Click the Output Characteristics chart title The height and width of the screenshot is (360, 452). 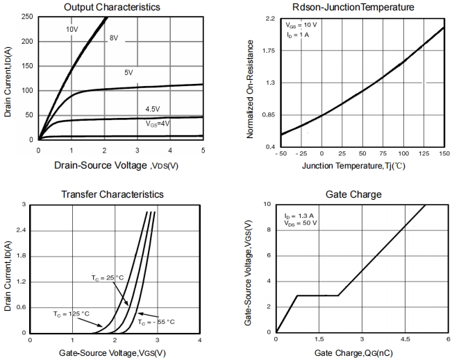(121, 7)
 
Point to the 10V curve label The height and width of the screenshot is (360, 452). (72, 30)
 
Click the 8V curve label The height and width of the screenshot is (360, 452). (114, 38)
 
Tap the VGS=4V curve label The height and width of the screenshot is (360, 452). (158, 123)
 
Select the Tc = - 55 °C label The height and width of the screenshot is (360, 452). (156, 322)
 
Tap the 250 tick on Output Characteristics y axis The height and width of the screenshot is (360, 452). (27, 17)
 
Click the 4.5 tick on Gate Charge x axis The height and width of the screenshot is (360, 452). (405, 339)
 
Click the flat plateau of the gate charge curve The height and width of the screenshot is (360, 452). (317, 295)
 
